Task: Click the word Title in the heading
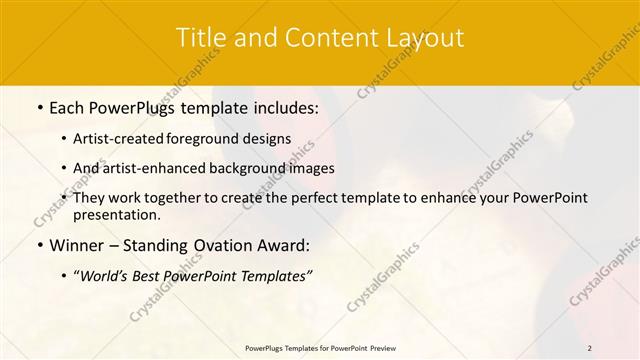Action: [x=200, y=38]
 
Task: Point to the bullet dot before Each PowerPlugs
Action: [x=39, y=107]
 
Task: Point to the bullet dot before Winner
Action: [x=39, y=245]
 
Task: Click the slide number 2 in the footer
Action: [x=590, y=348]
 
